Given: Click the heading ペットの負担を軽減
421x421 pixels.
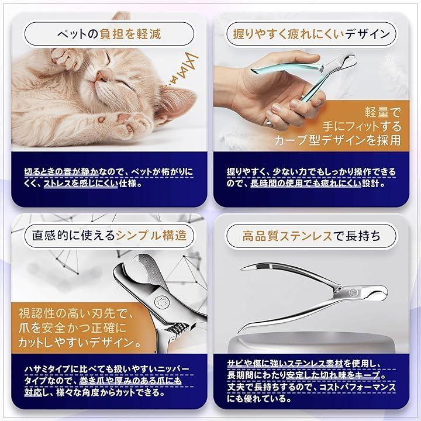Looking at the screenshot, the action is pyautogui.click(x=109, y=34).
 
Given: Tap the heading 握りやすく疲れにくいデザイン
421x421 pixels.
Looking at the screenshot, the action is pyautogui.click(x=311, y=34).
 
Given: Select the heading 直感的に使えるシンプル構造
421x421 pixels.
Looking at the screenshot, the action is pyautogui.click(x=109, y=236).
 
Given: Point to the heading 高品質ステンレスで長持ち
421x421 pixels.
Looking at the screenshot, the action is pyautogui.click(x=311, y=236).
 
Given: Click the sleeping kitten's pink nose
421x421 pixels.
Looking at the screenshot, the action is pyautogui.click(x=100, y=77).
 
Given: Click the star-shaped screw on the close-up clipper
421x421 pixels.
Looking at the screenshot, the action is pyautogui.click(x=163, y=303).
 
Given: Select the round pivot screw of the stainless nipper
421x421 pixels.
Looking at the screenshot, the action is pyautogui.click(x=352, y=292).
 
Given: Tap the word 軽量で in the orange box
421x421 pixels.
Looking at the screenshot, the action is pyautogui.click(x=382, y=112).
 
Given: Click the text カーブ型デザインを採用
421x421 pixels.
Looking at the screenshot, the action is pyautogui.click(x=337, y=140).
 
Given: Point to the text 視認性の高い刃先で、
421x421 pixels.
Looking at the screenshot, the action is pyautogui.click(x=75, y=313).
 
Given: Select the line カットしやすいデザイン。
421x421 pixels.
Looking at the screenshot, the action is pyautogui.click(x=80, y=342).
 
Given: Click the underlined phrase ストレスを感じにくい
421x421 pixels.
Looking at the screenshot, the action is pyautogui.click(x=81, y=184).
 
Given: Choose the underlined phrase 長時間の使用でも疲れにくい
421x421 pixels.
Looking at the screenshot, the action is pyautogui.click(x=306, y=184).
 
